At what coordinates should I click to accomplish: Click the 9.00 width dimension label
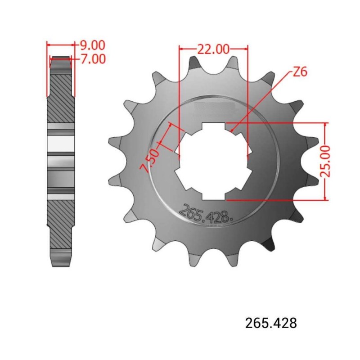click(92, 45)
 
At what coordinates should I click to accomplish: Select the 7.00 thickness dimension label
click(93, 59)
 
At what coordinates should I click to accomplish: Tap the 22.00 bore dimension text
click(213, 49)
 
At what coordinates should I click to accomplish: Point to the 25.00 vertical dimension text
click(325, 161)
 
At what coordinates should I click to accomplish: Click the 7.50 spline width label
click(151, 161)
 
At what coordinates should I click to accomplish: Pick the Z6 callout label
click(300, 72)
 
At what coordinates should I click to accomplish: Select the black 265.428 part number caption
click(271, 323)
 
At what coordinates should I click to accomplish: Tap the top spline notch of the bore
click(213, 127)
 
